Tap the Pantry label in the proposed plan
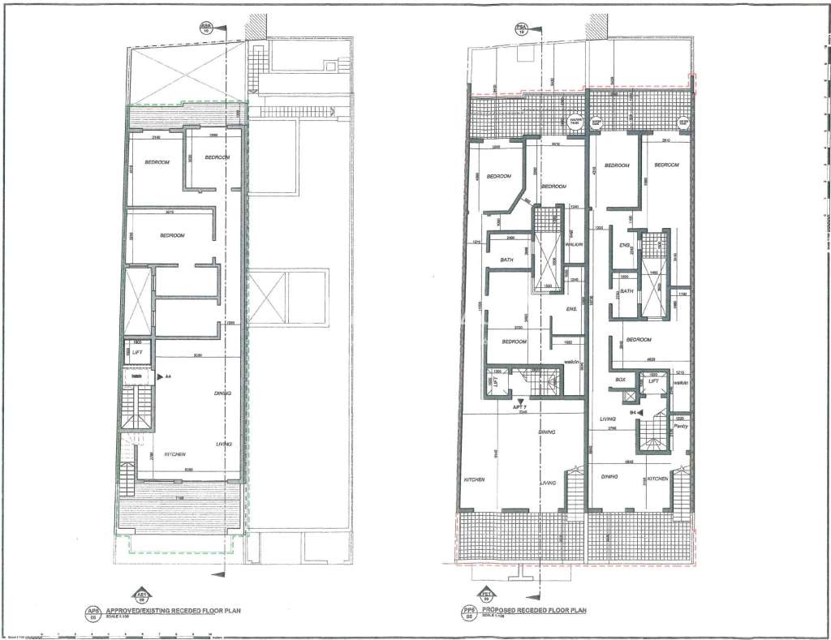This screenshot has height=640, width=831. point(680,425)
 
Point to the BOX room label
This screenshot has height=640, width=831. point(621,380)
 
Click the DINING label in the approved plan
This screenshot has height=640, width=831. point(223,393)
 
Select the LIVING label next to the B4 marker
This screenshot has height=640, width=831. point(604,419)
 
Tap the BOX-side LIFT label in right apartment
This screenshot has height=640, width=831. point(653,380)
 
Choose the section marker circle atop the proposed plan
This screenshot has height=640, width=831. point(521,28)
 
